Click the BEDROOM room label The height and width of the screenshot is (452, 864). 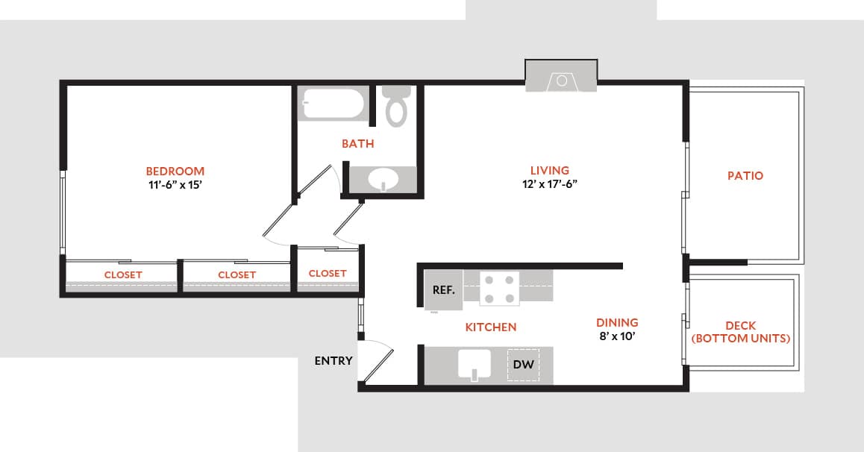[x=175, y=171]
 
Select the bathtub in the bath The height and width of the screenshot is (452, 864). [x=332, y=104]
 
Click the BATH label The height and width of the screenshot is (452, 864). [x=357, y=143]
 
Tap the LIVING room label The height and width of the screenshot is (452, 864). [x=549, y=170]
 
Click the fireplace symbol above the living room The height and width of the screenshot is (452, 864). [x=561, y=79]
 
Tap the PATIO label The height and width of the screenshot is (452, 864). [x=745, y=176]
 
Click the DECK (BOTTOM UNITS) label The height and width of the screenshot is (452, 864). [x=740, y=332]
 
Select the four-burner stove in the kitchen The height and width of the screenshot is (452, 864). [x=499, y=289]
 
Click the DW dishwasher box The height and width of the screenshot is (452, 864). [x=524, y=365]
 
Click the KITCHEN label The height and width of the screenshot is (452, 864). [x=490, y=327]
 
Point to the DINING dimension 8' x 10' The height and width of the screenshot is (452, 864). [x=616, y=336]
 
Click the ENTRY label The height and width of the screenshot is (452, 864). [x=333, y=361]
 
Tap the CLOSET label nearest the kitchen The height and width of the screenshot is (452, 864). [x=327, y=273]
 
